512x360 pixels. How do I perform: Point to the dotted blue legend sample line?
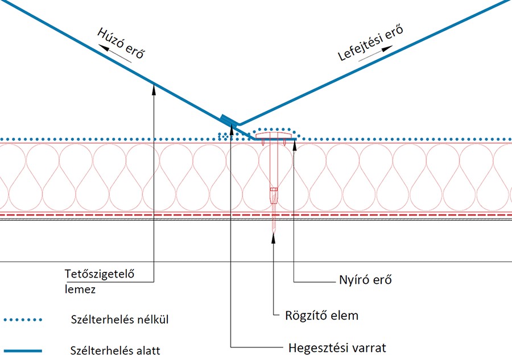pyautogui.click(x=23, y=320)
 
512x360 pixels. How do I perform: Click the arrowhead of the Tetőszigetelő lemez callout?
pyautogui.click(x=154, y=85)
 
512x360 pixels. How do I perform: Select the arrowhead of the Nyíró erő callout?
pyautogui.click(x=295, y=142)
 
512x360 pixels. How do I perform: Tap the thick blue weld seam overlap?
pyautogui.click(x=229, y=121)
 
